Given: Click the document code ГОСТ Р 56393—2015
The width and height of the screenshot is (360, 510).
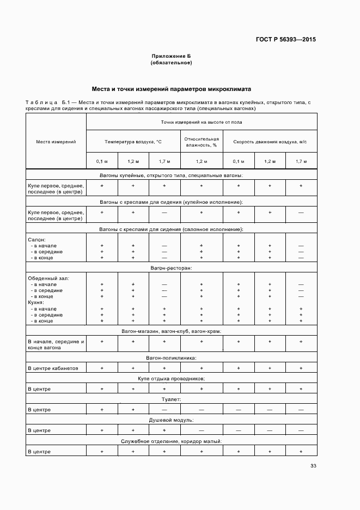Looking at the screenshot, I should pos(286,39).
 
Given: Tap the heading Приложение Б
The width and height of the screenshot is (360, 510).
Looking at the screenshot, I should pos(171,56).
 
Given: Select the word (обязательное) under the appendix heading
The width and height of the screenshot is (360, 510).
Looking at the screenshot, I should pos(171,63).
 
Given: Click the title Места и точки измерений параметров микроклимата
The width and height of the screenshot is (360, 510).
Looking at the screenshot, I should pos(171,88).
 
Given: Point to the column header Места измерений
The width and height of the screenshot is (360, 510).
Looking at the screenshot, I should pos(56,142).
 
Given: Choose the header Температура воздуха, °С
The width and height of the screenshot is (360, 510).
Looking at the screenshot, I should pos(133,142).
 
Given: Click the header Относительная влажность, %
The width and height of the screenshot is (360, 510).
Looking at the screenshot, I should pos(202,142).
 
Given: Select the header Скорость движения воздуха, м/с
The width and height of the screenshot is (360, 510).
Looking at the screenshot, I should pos(270,142).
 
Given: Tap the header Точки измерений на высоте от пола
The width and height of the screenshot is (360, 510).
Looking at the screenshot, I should pos(202,122).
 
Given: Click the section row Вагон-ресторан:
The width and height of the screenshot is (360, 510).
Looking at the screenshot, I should pos(171,268).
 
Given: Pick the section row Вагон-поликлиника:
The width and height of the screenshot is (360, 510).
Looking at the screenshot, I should pos(171,358).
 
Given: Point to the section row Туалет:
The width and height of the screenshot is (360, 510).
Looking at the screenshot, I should pos(171,399).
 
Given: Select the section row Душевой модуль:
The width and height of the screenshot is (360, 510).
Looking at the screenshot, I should pos(171,420).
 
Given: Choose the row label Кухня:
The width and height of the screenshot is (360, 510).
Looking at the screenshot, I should pos(35,302).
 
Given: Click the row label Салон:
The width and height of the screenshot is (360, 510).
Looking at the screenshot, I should pos(36,239).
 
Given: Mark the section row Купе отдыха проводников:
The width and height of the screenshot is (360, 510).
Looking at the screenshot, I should pos(171,378).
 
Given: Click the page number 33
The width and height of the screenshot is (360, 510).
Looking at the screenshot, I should pos(313,466).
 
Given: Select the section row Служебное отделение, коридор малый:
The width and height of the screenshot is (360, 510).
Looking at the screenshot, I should pos(171,441).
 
